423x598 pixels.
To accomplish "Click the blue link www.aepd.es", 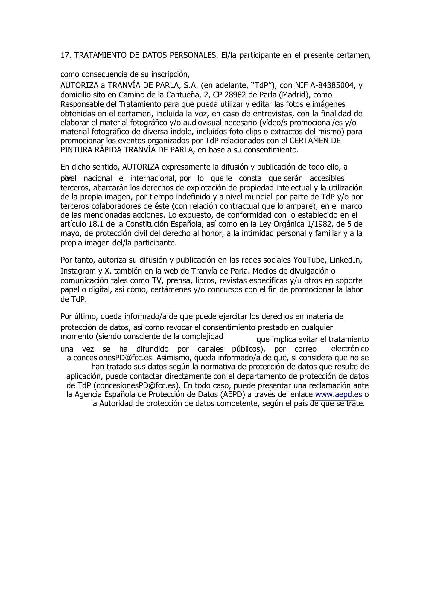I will coord(338,394).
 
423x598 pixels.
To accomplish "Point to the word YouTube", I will coord(309,260).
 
